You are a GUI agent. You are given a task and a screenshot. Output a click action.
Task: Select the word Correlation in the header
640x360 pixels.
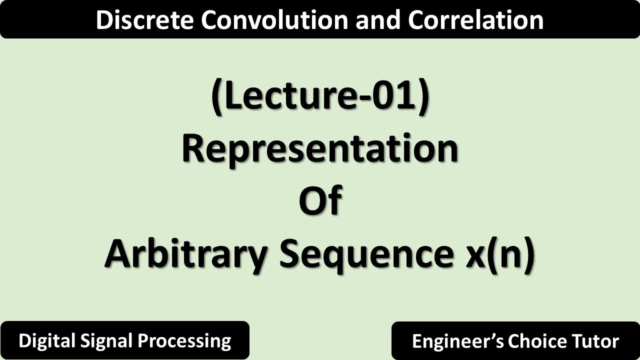(x=475, y=20)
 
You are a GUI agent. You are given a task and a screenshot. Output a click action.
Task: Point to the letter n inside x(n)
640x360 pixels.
(x=507, y=256)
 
